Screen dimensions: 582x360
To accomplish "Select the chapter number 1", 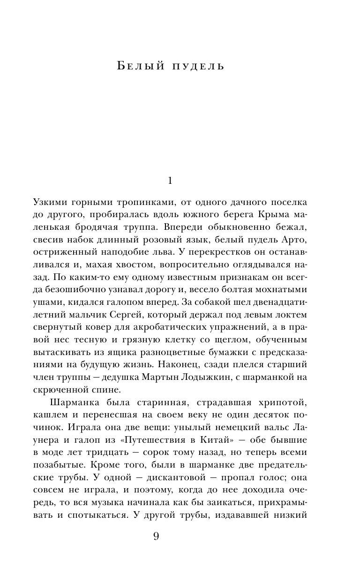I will click(170, 180).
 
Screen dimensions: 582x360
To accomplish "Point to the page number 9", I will click(157, 537).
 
